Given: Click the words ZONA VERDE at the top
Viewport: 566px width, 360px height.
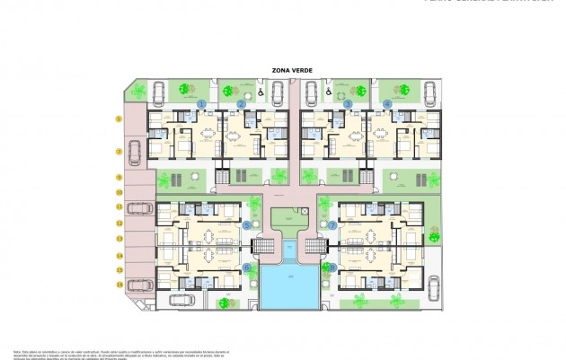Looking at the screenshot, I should pos(290,69).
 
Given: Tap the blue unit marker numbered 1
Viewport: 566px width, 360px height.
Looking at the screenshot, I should pos(202,104).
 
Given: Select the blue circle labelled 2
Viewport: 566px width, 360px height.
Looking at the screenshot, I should pos(242,104).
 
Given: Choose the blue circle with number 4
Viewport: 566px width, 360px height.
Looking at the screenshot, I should pos(387,104).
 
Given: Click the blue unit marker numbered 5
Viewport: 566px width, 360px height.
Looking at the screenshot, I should pos(247,225).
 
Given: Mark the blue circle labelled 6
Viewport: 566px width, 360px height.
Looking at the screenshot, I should pos(247,267).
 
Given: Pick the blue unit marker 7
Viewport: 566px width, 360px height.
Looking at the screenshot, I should pos(332,225).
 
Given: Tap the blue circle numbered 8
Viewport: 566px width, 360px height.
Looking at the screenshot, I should pos(332,267).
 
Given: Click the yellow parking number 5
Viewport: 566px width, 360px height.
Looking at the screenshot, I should pos(119,119).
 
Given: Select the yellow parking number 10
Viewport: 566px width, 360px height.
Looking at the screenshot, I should pos(119,192).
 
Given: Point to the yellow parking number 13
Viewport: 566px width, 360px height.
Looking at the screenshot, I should pos(119,238).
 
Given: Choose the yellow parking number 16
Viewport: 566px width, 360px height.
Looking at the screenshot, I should pos(119,285).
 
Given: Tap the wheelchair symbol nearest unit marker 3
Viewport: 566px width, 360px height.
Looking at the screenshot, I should pos(330,91).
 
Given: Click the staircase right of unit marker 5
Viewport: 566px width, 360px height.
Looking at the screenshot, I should pos(263,245).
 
